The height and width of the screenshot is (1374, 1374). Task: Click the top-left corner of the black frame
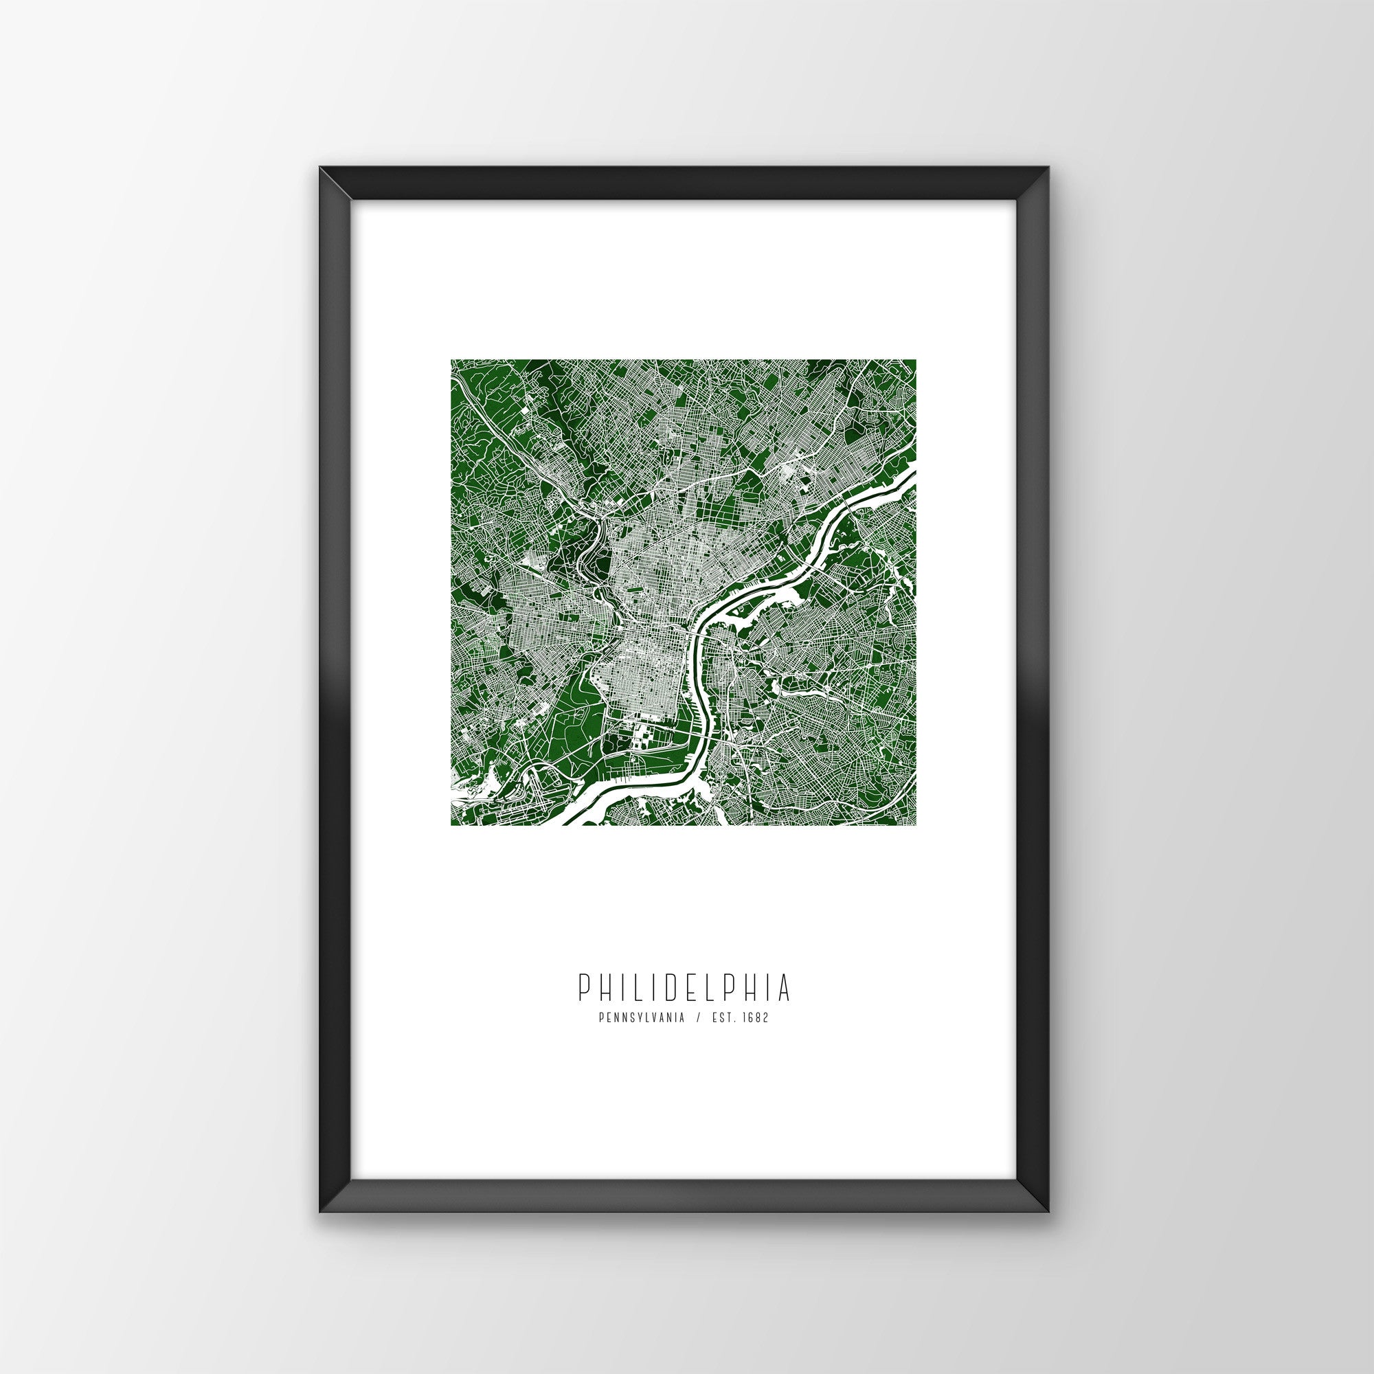coord(320,188)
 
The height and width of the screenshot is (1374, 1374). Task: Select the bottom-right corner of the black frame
coord(1050,1213)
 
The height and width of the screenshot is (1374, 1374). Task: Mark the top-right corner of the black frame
coord(1050,188)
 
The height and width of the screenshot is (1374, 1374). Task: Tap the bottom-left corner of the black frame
coord(320,1213)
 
